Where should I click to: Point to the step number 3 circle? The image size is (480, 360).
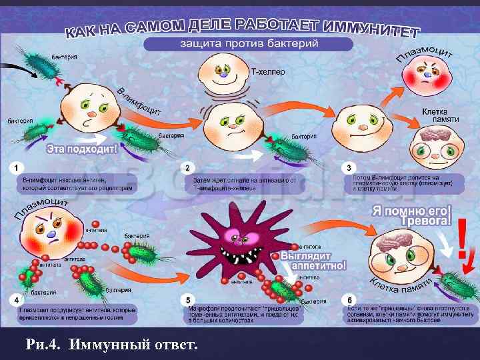350,166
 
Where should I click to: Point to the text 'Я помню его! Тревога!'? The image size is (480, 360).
411,215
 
